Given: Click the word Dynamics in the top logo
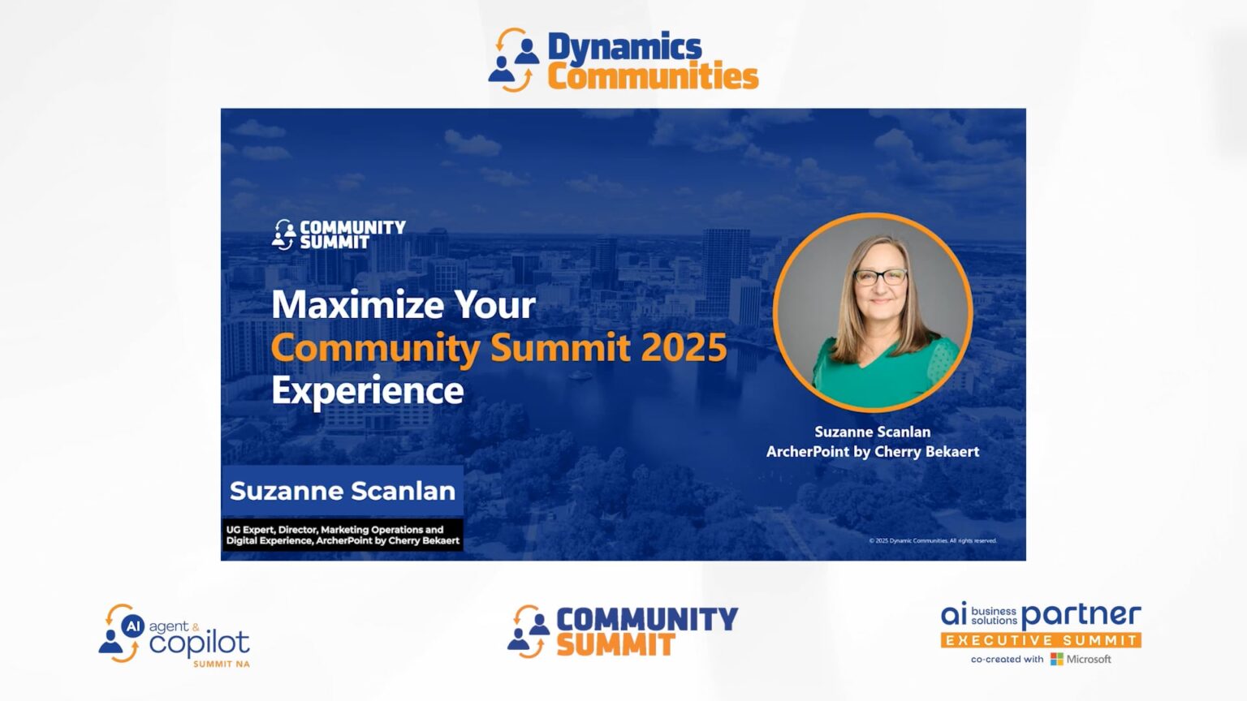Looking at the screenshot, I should pos(624,47).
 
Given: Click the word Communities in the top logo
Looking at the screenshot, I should pos(653,77).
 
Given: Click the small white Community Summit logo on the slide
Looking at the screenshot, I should pos(339,234).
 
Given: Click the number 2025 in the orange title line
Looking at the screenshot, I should pos(684,348).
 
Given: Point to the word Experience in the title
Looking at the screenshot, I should pos(367,391).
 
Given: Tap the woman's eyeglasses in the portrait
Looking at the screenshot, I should pos(880,277).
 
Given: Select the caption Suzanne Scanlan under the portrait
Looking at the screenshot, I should pos(873,432).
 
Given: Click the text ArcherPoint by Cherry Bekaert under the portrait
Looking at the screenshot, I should pos(873,452).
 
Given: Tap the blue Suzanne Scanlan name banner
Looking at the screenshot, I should pos(342,491).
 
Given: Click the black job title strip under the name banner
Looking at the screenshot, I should pos(342,535).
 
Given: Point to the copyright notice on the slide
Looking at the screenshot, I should pos(932,540).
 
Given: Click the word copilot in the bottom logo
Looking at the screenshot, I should pos(199,643).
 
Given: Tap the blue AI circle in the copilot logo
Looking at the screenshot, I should pos(133,626).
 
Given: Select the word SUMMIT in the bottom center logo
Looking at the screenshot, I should pos(615,646).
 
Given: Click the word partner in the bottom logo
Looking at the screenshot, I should pos(1081,615).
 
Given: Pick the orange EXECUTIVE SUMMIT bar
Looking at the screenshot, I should pos(1041,640).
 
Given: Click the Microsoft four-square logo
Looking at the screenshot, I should pos(1056,659).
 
